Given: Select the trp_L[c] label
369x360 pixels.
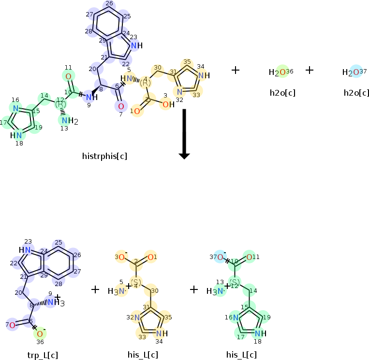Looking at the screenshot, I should pos(43,355).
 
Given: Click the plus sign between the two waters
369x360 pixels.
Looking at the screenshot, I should pos(310,71).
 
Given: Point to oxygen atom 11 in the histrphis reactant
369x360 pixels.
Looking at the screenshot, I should pos(68,76).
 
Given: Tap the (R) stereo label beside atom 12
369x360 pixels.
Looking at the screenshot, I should pos(60,104).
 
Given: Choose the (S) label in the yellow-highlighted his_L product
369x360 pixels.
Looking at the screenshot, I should pos(136,282).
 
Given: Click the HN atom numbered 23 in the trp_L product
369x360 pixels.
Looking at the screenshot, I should pos(26,250).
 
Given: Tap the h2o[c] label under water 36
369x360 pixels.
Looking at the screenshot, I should pos(282,92).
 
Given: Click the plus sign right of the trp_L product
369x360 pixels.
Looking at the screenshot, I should pos(95,289).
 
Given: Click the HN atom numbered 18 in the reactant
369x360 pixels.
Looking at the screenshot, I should pos(16,135).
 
